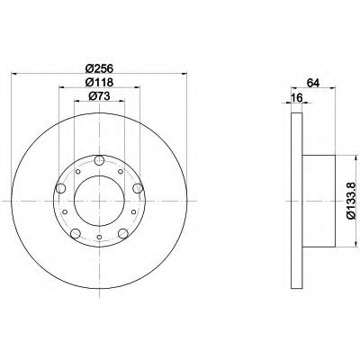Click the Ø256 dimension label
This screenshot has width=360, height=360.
(x=99, y=68)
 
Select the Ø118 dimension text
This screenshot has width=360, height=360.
(x=99, y=82)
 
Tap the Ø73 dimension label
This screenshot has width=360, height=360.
(x=99, y=96)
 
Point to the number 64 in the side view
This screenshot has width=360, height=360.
(x=313, y=83)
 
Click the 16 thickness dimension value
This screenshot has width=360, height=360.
(x=296, y=98)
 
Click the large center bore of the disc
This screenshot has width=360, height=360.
(x=99, y=201)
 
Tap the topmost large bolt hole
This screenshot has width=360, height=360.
(x=99, y=160)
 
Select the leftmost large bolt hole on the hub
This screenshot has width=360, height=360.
(x=61, y=188)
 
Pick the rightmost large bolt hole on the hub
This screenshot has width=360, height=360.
(x=138, y=188)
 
